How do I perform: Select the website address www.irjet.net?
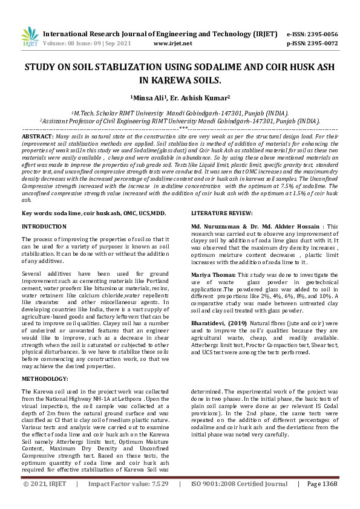pyautogui.click(x=173, y=44)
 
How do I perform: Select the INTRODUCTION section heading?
pyautogui.click(x=44, y=226)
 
